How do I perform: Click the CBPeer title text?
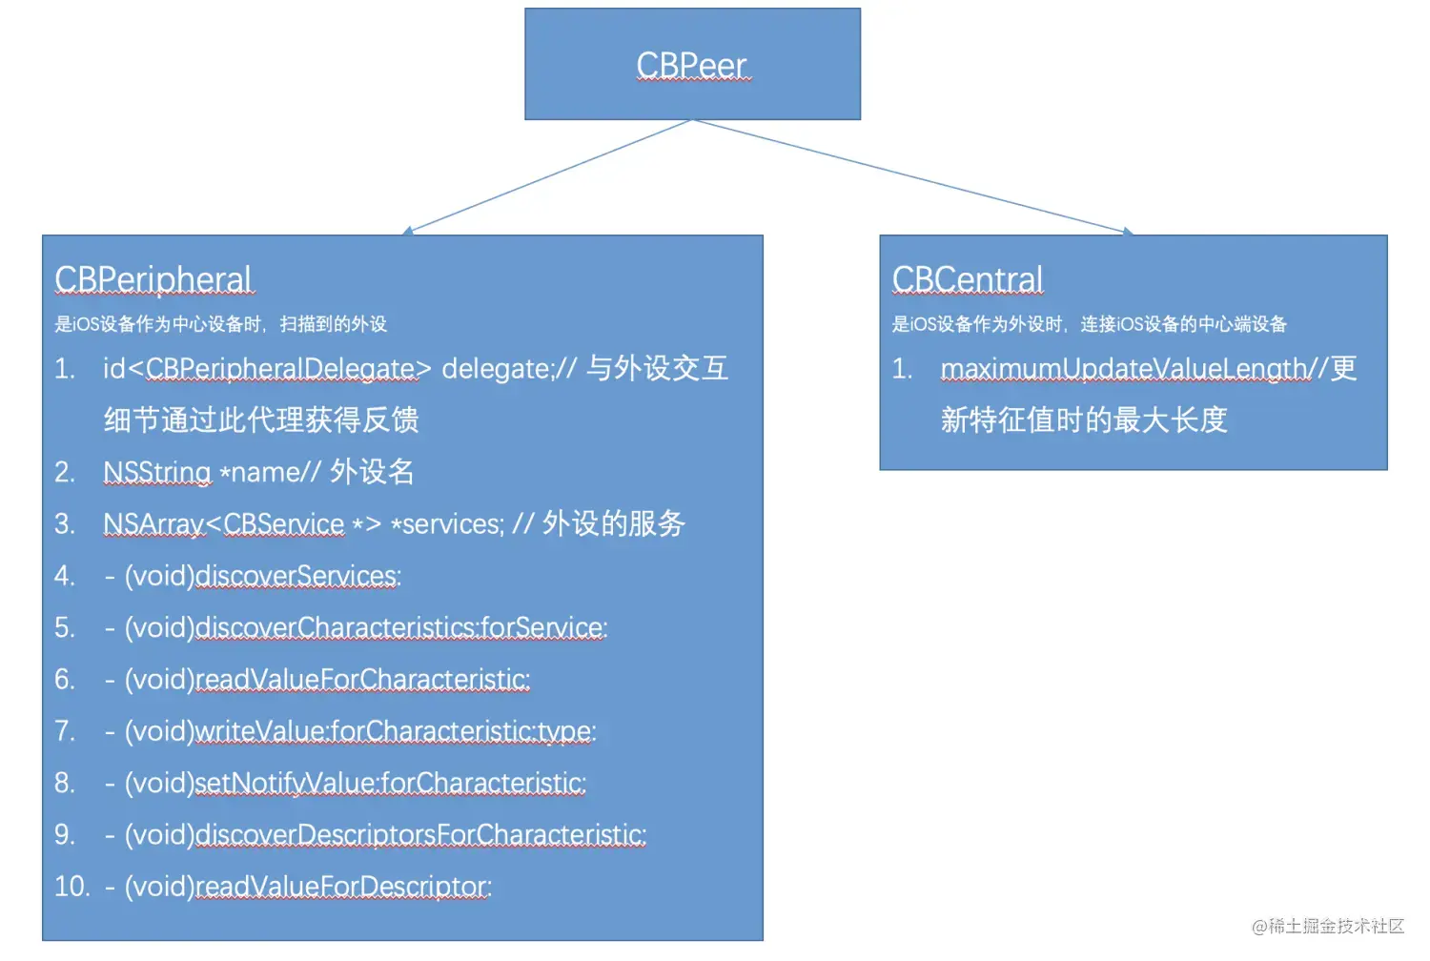tap(691, 65)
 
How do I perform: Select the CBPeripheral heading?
tap(153, 279)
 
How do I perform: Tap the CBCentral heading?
tap(967, 279)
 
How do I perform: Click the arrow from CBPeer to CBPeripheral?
tap(548, 177)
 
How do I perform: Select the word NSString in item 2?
tap(156, 472)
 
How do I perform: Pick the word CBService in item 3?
tap(283, 523)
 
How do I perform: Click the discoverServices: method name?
tap(297, 576)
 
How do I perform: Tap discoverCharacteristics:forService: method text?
tap(400, 627)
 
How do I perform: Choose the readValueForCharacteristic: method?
tap(362, 679)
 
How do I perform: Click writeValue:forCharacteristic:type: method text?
tap(395, 731)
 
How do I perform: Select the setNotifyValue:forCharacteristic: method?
tap(390, 783)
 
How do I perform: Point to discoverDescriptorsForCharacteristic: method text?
tap(420, 835)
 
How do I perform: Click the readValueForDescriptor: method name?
tap(343, 887)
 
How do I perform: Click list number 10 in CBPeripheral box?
tap(71, 887)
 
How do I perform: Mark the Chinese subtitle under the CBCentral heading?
tap(1089, 324)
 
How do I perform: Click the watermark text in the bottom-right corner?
tap(1327, 926)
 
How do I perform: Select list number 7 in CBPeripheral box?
tap(64, 731)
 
